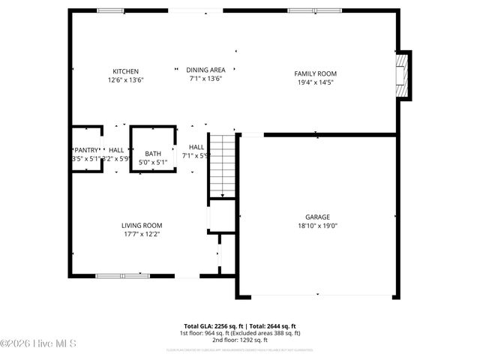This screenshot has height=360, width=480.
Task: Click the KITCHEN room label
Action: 125,71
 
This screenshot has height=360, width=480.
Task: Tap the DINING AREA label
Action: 205,70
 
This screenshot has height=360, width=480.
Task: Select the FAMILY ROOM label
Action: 315,73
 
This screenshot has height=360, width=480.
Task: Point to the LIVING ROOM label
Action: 142,225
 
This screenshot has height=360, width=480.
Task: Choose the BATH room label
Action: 153,154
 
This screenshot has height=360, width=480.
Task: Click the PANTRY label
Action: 85,150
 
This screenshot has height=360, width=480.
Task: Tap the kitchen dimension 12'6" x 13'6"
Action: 125,79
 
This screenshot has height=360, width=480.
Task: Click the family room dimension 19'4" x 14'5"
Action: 315,82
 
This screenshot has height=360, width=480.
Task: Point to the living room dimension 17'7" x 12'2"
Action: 142,234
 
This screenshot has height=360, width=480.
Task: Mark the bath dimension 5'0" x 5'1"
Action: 153,162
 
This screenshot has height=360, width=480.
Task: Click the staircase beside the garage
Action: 221,165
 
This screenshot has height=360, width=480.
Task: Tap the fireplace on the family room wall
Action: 404,75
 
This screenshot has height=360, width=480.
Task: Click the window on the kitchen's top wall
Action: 111,10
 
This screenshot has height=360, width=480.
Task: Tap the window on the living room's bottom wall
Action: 122,276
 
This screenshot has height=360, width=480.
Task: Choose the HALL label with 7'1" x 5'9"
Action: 196,151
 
